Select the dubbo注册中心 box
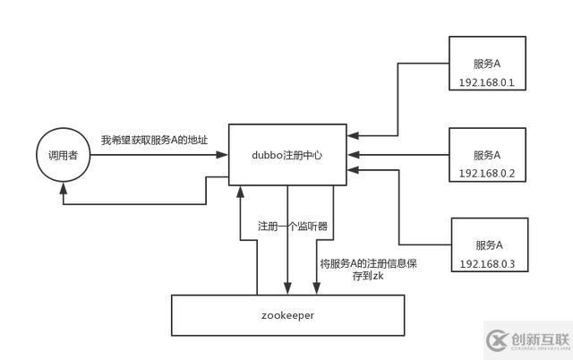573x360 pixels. tap(286, 154)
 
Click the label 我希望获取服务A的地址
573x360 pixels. tap(154, 141)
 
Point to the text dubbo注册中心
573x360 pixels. tap(286, 155)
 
